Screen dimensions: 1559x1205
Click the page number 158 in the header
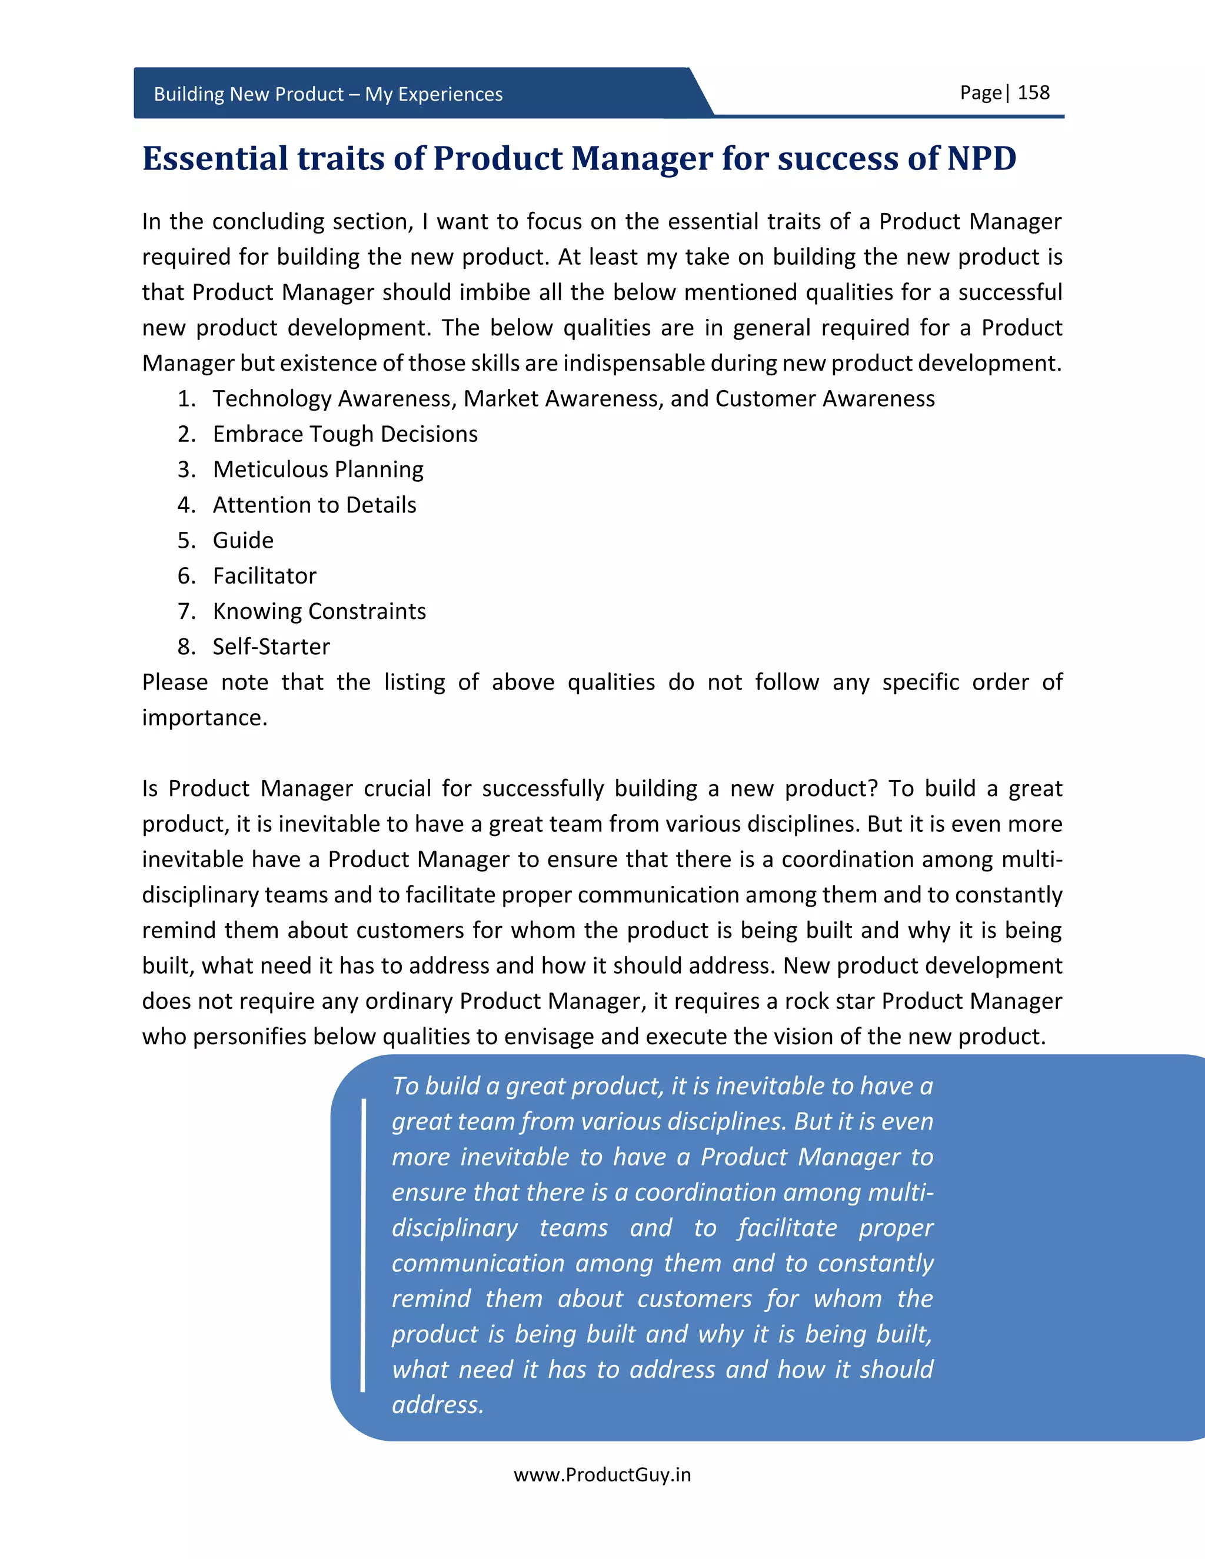click(x=1033, y=93)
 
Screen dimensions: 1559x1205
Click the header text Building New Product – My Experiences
click(x=328, y=94)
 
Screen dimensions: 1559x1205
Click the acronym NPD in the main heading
click(x=981, y=158)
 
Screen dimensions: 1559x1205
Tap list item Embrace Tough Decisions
click(x=345, y=434)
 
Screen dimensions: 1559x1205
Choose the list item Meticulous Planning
click(x=318, y=469)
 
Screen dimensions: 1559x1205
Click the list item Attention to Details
click(x=314, y=505)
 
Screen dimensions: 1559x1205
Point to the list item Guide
click(x=243, y=541)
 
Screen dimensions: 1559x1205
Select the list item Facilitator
click(x=264, y=576)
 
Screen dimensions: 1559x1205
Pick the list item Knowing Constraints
click(x=319, y=611)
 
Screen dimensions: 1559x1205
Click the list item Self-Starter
click(x=271, y=647)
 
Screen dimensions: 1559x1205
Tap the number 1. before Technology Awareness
click(x=187, y=399)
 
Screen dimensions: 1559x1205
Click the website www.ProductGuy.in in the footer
click(x=602, y=1475)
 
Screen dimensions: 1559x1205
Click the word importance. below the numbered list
click(x=204, y=717)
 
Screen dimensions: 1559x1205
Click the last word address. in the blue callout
click(x=438, y=1405)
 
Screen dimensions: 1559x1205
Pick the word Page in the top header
click(x=980, y=93)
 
